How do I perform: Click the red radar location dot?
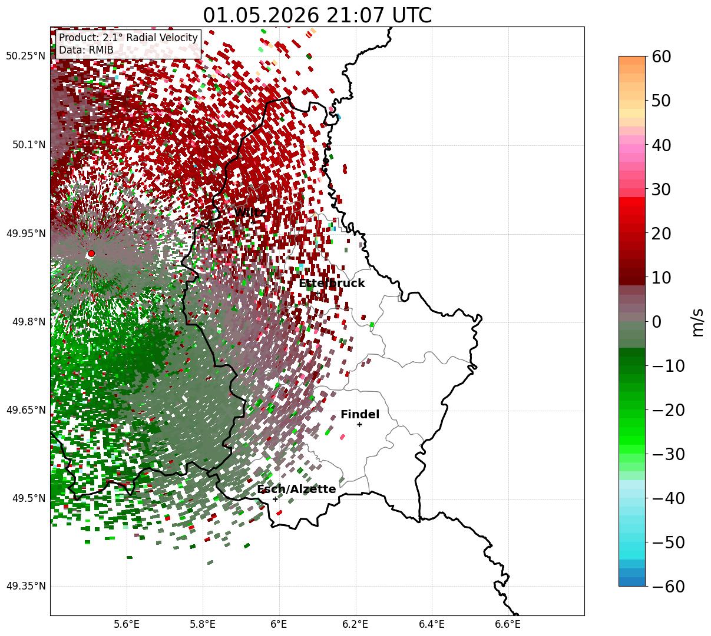(x=91, y=253)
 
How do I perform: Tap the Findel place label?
(x=360, y=414)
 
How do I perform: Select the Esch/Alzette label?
(x=296, y=489)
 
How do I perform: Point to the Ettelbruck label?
(x=332, y=283)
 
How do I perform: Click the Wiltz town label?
(x=250, y=212)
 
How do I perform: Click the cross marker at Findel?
(x=359, y=425)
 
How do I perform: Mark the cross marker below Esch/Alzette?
(x=275, y=499)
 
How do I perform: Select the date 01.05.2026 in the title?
(x=261, y=15)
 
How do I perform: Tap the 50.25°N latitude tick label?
(x=25, y=56)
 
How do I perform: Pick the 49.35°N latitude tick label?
(x=25, y=586)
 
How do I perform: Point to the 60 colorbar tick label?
(x=661, y=56)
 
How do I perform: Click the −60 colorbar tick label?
(x=668, y=586)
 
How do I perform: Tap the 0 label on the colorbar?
(x=657, y=321)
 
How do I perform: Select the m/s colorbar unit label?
(x=698, y=322)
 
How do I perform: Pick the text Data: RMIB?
(x=86, y=50)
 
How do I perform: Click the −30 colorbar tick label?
(x=668, y=454)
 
